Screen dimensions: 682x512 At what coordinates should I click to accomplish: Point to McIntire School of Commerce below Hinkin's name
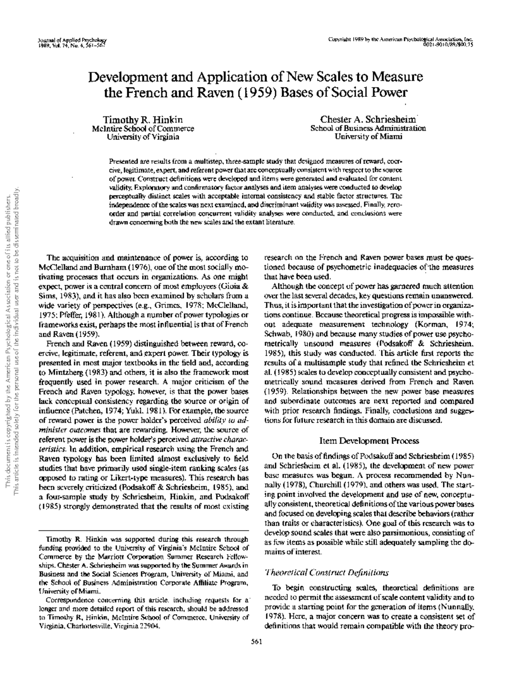click(143, 128)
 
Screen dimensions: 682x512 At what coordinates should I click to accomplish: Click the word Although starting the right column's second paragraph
click(286, 286)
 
